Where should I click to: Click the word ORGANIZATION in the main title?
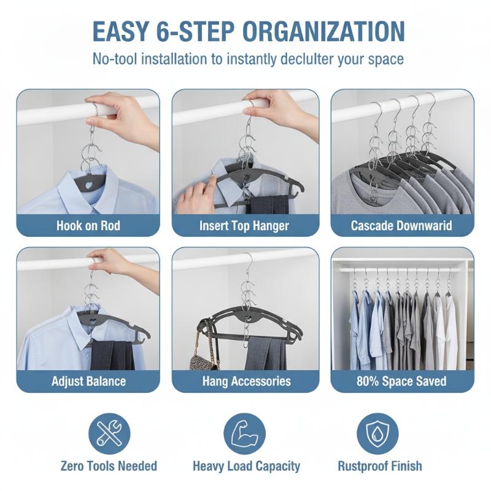click(323, 31)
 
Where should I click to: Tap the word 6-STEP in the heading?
click(195, 31)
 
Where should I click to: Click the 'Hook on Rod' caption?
click(88, 225)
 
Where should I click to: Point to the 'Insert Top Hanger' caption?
click(244, 226)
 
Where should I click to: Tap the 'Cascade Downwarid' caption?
click(401, 225)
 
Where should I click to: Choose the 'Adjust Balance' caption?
click(88, 381)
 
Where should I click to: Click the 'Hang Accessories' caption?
click(247, 381)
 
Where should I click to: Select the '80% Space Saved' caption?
click(401, 381)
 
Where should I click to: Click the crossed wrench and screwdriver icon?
click(109, 434)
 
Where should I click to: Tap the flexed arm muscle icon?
click(244, 434)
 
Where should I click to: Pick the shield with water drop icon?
click(377, 434)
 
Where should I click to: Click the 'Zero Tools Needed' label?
click(109, 466)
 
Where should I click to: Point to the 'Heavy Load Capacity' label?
click(247, 466)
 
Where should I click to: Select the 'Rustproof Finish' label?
click(380, 466)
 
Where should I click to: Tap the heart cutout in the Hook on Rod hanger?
click(90, 185)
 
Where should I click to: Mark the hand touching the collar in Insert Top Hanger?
click(193, 194)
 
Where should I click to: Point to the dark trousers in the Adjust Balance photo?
click(112, 355)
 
